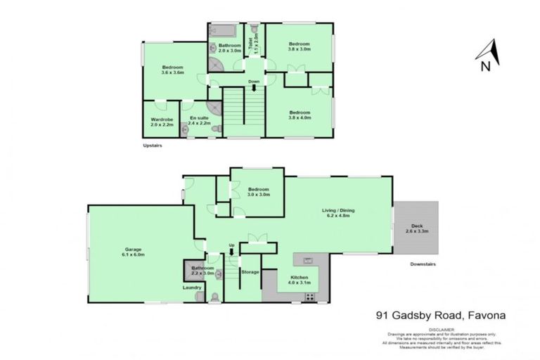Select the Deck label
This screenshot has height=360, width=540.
(417, 228)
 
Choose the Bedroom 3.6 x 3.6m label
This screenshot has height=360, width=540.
(172, 70)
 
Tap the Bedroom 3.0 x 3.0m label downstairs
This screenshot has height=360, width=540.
(257, 192)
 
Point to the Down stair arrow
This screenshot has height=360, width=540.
(254, 88)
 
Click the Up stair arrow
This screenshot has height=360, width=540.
(231, 252)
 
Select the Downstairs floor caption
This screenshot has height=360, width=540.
(425, 264)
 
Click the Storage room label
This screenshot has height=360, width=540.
(250, 271)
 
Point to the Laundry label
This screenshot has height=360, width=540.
(192, 288)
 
